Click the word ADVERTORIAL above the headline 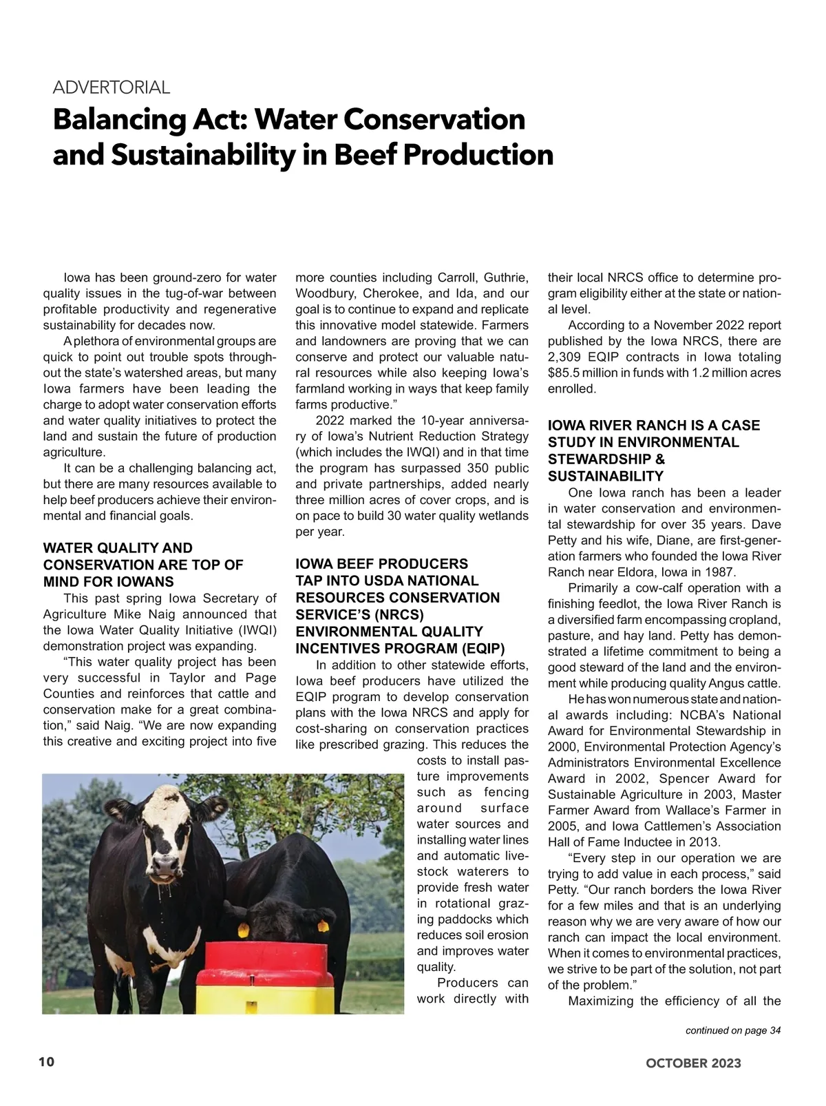coord(112,87)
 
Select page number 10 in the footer coord(46,1061)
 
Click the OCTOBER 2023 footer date coord(693,1063)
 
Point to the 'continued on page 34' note coord(732,1030)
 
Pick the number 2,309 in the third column coord(565,357)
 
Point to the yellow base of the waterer coord(262,992)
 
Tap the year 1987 coord(721,572)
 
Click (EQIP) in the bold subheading coord(482,648)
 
